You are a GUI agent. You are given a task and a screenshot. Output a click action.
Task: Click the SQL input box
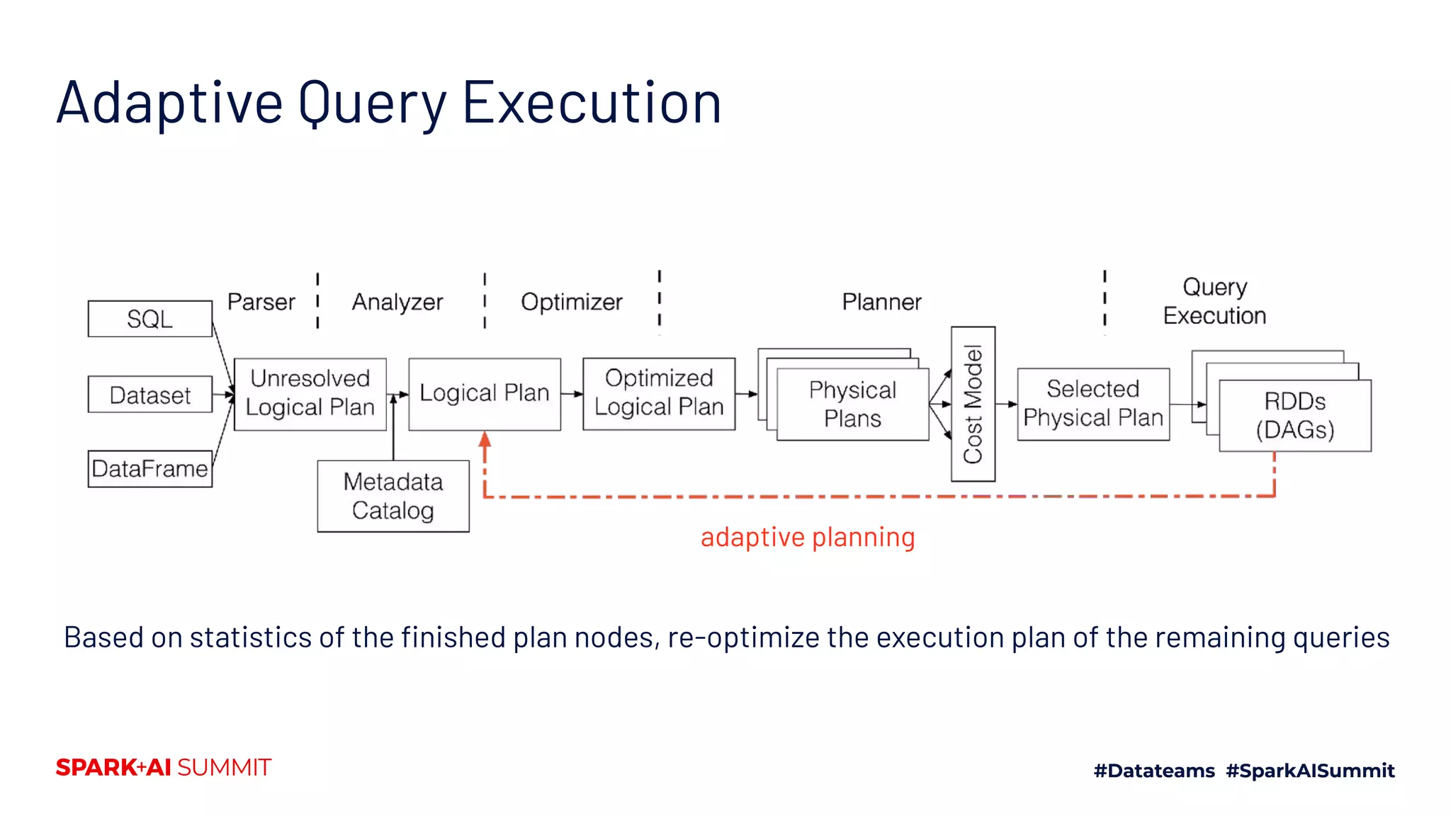149,319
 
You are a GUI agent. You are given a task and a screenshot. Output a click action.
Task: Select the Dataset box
149,395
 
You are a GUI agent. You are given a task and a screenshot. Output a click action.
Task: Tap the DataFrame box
149,469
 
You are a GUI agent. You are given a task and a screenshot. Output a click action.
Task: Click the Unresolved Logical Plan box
310,394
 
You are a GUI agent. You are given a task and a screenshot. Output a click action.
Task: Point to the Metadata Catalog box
393,496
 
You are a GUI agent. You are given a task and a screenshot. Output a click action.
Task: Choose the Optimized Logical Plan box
659,393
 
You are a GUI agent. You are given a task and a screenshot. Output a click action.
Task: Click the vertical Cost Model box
973,404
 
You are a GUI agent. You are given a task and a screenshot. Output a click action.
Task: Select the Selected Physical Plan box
1093,404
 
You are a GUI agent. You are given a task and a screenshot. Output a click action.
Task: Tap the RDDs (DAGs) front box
1295,416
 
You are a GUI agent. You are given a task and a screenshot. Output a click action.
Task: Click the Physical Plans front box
852,404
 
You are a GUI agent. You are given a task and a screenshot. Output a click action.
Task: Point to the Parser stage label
261,302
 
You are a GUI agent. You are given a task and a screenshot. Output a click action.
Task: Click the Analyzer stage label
397,302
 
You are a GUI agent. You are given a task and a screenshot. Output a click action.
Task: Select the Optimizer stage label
572,302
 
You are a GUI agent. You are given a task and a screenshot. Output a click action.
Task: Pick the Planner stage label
881,302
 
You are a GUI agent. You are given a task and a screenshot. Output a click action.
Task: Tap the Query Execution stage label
1214,301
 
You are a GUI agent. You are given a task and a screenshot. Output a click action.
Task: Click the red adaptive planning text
808,537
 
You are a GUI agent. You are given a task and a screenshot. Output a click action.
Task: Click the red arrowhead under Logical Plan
485,439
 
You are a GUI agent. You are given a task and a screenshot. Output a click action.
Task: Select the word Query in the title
373,103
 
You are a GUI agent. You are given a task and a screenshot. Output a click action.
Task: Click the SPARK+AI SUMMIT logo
164,768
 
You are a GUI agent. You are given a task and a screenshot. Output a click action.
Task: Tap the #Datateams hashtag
1153,771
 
